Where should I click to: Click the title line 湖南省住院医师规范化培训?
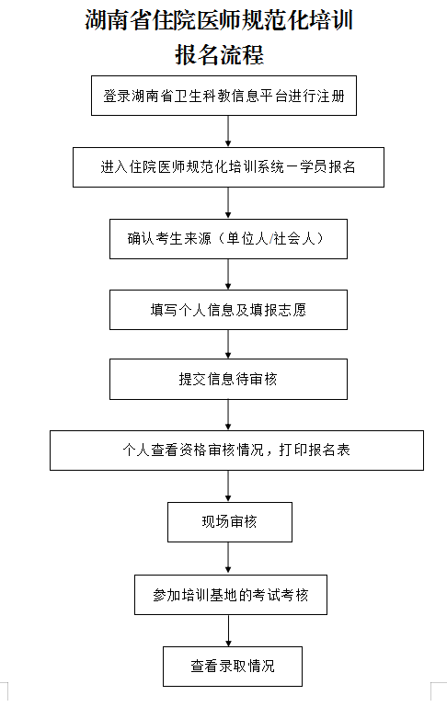219,20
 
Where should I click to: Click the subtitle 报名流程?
219,54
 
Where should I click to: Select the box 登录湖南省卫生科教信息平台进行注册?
223,96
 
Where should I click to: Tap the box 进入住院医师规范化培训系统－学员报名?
228,167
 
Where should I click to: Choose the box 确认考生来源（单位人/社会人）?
228,239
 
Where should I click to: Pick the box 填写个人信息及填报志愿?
228,310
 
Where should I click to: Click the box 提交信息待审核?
228,379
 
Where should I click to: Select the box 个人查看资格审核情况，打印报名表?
236,450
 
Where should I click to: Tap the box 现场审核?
230,522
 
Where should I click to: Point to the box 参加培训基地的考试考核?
231,595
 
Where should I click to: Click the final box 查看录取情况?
233,667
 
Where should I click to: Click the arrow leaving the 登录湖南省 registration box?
228,131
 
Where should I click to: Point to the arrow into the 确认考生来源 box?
228,203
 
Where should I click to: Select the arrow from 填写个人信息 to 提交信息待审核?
228,344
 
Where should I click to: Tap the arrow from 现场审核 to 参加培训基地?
228,558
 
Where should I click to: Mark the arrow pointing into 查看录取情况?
229,631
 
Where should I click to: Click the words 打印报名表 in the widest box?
315,450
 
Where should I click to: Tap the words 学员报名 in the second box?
328,166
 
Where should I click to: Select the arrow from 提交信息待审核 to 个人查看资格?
228,415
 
